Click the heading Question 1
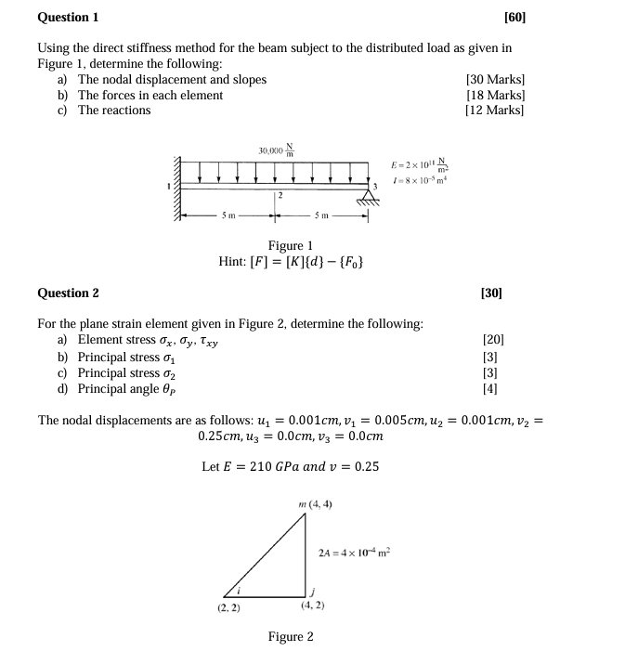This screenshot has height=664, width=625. tap(68, 18)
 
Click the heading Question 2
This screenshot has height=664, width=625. tap(68, 293)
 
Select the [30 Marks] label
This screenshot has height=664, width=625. tap(494, 80)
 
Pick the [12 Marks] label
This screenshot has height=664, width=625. tap(494, 110)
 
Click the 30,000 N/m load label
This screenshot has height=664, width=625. tap(276, 150)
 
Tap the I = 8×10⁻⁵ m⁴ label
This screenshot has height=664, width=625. tap(421, 179)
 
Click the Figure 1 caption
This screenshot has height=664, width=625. tap(290, 245)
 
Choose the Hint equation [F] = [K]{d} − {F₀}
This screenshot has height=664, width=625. tap(290, 262)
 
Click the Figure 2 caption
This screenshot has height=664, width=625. tap(290, 636)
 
